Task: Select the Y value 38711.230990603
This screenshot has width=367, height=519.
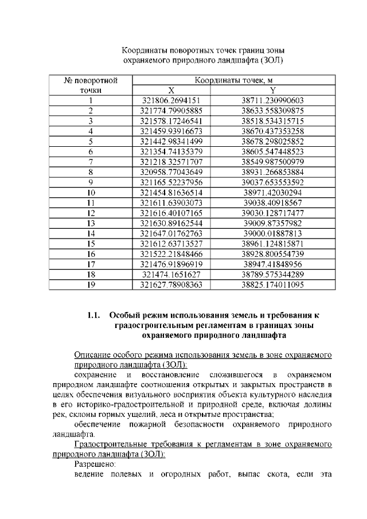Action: (272, 101)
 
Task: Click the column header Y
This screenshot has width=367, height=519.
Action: (272, 91)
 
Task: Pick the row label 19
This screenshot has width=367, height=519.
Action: (91, 284)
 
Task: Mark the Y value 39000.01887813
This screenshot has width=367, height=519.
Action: (272, 233)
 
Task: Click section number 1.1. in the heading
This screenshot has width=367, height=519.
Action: (94, 315)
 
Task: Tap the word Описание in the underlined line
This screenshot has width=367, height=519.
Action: (95, 354)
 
